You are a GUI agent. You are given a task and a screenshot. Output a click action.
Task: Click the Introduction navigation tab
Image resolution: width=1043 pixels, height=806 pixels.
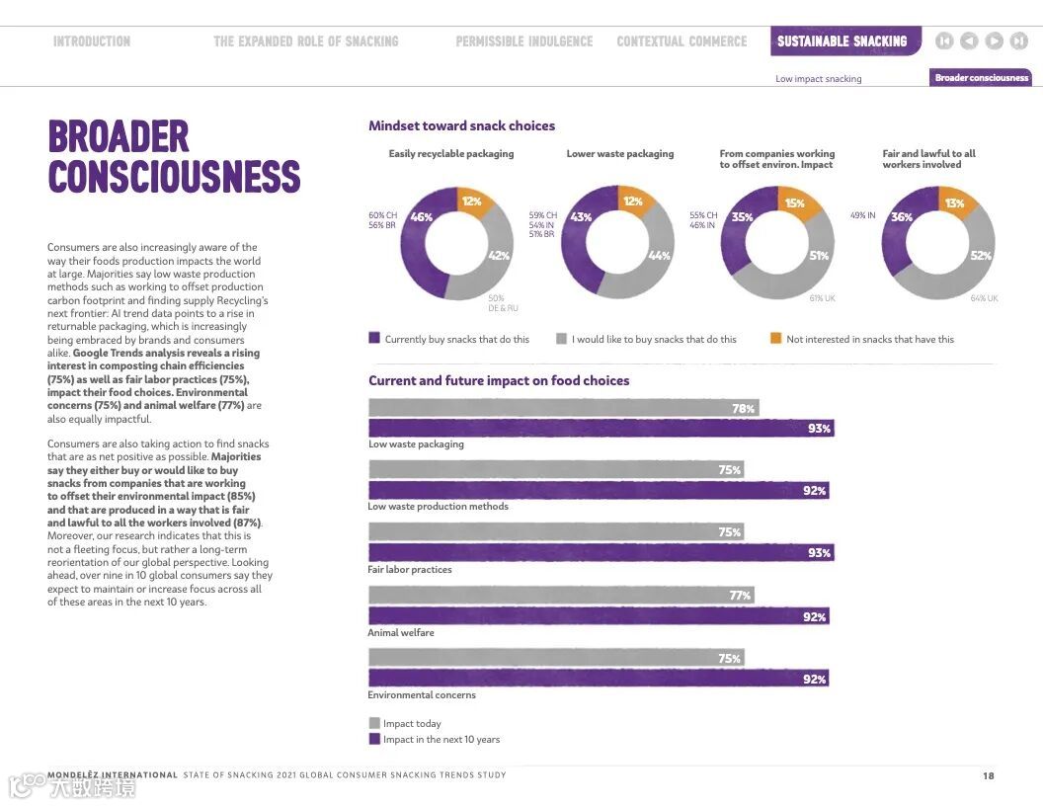[92, 41]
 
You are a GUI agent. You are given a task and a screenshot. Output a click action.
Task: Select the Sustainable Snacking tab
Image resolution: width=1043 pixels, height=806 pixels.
[842, 41]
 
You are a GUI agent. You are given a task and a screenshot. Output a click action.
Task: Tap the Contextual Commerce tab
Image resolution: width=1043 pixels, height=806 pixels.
[682, 41]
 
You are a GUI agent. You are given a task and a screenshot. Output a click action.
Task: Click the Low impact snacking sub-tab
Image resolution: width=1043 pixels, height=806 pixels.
[818, 79]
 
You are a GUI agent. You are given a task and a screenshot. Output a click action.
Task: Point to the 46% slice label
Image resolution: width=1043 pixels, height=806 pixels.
[422, 217]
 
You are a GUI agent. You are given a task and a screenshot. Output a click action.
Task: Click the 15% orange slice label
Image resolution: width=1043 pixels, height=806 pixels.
[794, 203]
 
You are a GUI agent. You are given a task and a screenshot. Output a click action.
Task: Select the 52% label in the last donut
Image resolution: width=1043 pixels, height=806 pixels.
[981, 256]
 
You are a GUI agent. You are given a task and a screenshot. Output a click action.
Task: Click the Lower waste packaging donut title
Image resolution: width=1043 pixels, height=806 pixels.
[620, 154]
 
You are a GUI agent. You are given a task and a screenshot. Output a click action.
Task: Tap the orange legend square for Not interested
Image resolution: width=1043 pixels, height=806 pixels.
[775, 339]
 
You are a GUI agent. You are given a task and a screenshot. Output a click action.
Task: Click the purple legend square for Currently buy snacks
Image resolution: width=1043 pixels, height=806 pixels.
[374, 339]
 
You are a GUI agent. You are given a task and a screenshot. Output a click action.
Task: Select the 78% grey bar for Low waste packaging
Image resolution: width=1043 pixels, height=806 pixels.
[563, 408]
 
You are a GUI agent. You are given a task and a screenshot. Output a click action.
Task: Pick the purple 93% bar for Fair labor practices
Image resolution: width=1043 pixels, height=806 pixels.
[601, 553]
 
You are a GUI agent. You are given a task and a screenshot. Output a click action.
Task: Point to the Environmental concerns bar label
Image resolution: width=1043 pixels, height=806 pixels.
[422, 695]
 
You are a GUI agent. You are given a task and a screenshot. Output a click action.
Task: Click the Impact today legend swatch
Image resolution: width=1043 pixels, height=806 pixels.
[374, 723]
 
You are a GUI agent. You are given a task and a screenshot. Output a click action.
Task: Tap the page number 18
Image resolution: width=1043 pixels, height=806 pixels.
[988, 775]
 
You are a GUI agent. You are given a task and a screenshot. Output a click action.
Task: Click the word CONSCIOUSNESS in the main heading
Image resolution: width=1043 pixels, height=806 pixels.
[174, 177]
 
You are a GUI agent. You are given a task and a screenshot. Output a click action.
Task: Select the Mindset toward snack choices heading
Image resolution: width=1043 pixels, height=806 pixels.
[461, 125]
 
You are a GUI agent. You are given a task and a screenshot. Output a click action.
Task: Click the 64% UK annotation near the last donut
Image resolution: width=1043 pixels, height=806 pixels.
[984, 298]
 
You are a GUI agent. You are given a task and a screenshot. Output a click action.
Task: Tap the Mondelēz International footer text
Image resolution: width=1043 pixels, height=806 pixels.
[113, 775]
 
